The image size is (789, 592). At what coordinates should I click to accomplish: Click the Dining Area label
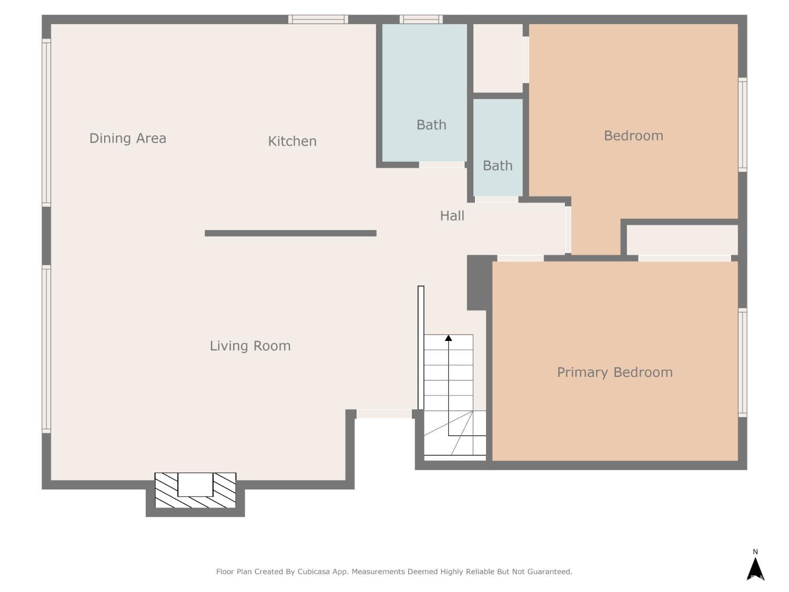click(128, 138)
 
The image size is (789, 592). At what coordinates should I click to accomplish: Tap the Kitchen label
click(292, 141)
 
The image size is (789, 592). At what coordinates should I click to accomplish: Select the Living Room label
click(250, 346)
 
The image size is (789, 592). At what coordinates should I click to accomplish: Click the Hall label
click(452, 216)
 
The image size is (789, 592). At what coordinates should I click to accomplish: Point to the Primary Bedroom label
click(614, 372)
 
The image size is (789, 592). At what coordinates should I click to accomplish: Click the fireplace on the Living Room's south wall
click(195, 490)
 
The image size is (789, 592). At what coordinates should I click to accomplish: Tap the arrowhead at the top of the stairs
click(449, 338)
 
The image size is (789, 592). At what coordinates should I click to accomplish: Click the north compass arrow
click(755, 569)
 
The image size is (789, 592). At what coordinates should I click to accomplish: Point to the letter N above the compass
click(755, 552)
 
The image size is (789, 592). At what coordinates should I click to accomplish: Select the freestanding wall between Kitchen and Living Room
click(290, 233)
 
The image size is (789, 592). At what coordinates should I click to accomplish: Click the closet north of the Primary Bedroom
click(682, 240)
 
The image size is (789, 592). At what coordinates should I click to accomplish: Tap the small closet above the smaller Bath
click(498, 58)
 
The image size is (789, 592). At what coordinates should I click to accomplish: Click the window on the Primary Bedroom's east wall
click(742, 363)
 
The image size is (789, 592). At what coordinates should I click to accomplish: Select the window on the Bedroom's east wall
click(742, 124)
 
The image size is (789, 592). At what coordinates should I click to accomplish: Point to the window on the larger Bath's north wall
click(421, 19)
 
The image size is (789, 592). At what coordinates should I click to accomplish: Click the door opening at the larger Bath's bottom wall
click(441, 165)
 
